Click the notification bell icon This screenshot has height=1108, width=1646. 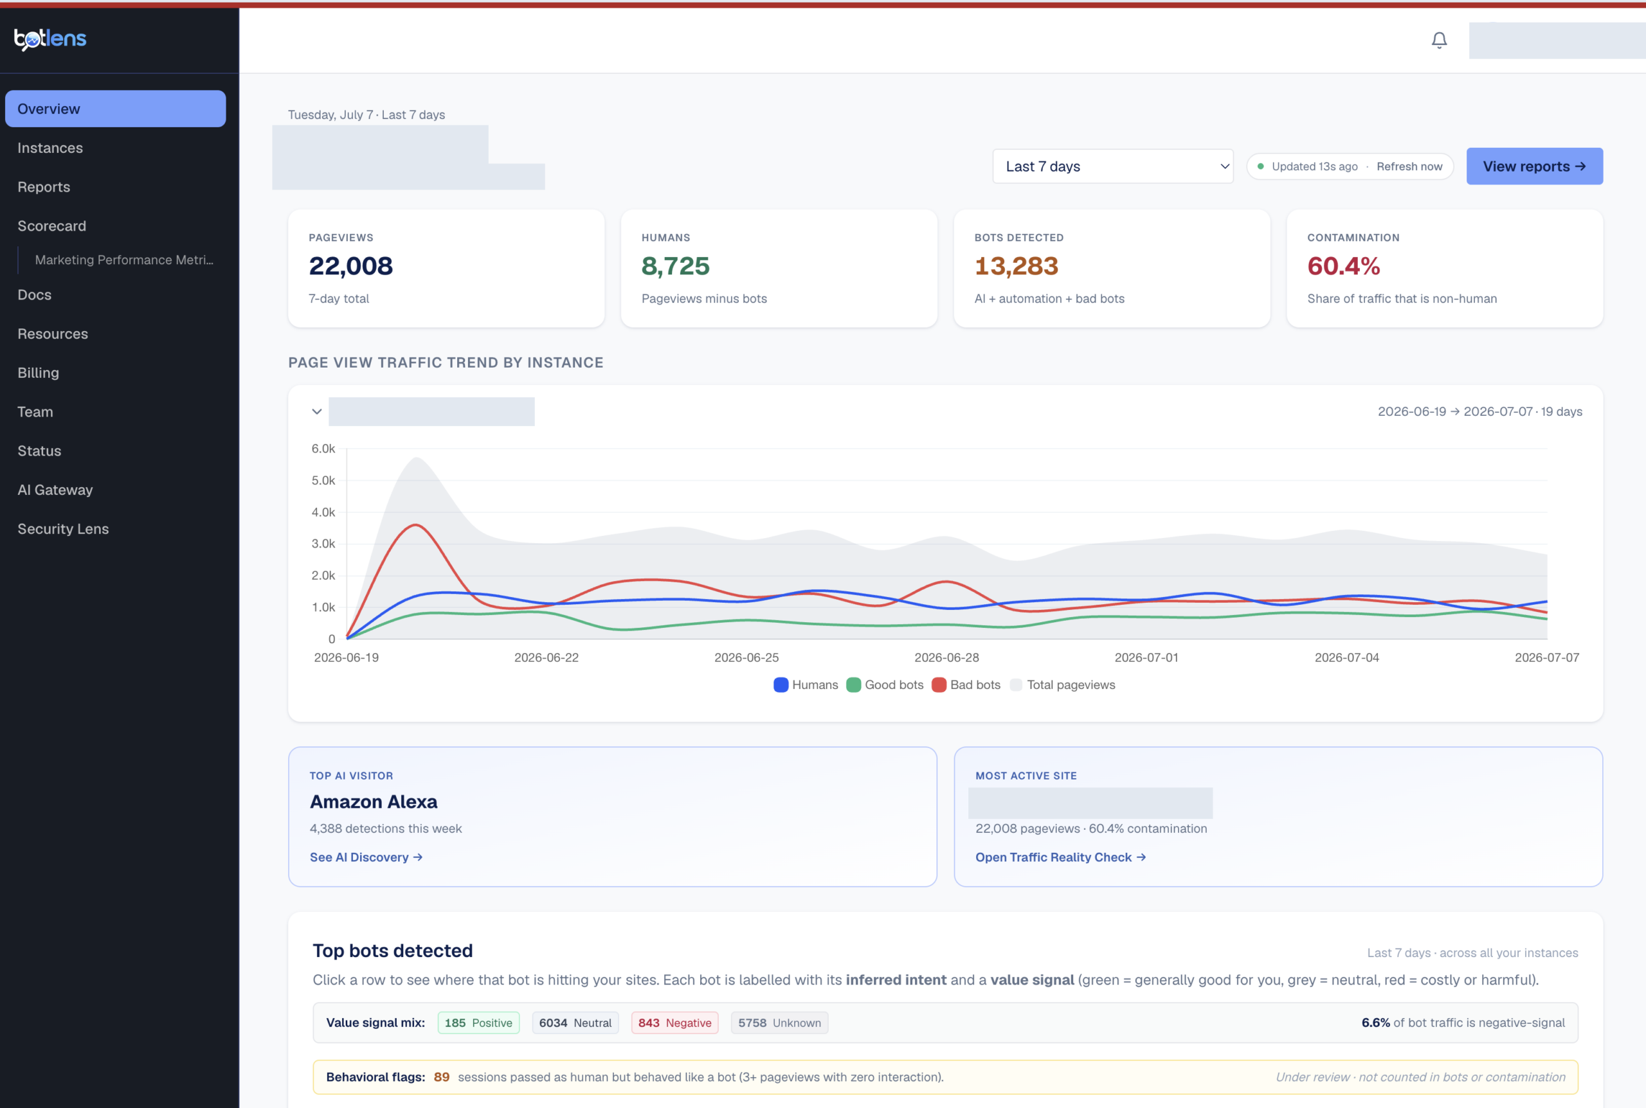click(1439, 40)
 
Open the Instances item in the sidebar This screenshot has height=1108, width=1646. click(50, 148)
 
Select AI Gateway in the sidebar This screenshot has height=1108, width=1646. click(55, 490)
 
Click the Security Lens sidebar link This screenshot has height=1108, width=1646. click(63, 528)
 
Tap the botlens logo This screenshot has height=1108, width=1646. click(50, 39)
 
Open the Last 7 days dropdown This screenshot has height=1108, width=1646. click(1112, 166)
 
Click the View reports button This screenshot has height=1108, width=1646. click(1534, 166)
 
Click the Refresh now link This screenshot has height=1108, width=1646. click(1409, 166)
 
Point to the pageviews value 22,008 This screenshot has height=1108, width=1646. click(350, 265)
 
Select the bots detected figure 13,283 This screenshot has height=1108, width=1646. click(1017, 265)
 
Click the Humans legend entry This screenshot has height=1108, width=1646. click(806, 684)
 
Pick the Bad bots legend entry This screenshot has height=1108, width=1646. click(966, 684)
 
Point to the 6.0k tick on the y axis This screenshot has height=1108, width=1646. click(323, 449)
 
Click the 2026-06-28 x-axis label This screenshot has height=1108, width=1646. click(946, 657)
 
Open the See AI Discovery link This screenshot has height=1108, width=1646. click(366, 857)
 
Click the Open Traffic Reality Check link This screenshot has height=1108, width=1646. click(1061, 857)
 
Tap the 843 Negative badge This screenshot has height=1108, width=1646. click(674, 1023)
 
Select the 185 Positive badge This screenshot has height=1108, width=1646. click(478, 1023)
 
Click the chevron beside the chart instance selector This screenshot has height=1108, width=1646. click(316, 411)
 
